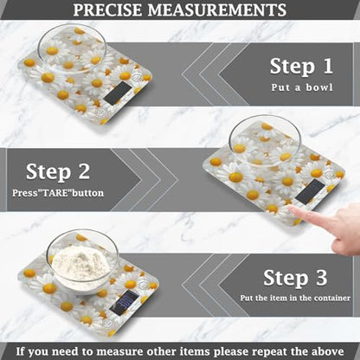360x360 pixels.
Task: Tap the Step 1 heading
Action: (302, 65)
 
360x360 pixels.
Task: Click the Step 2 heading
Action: (60, 170)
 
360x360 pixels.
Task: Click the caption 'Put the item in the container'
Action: (297, 300)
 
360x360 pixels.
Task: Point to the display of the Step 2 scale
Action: (309, 192)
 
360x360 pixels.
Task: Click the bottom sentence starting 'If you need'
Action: (180, 350)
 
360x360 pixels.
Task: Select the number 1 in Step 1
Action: (325, 65)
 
